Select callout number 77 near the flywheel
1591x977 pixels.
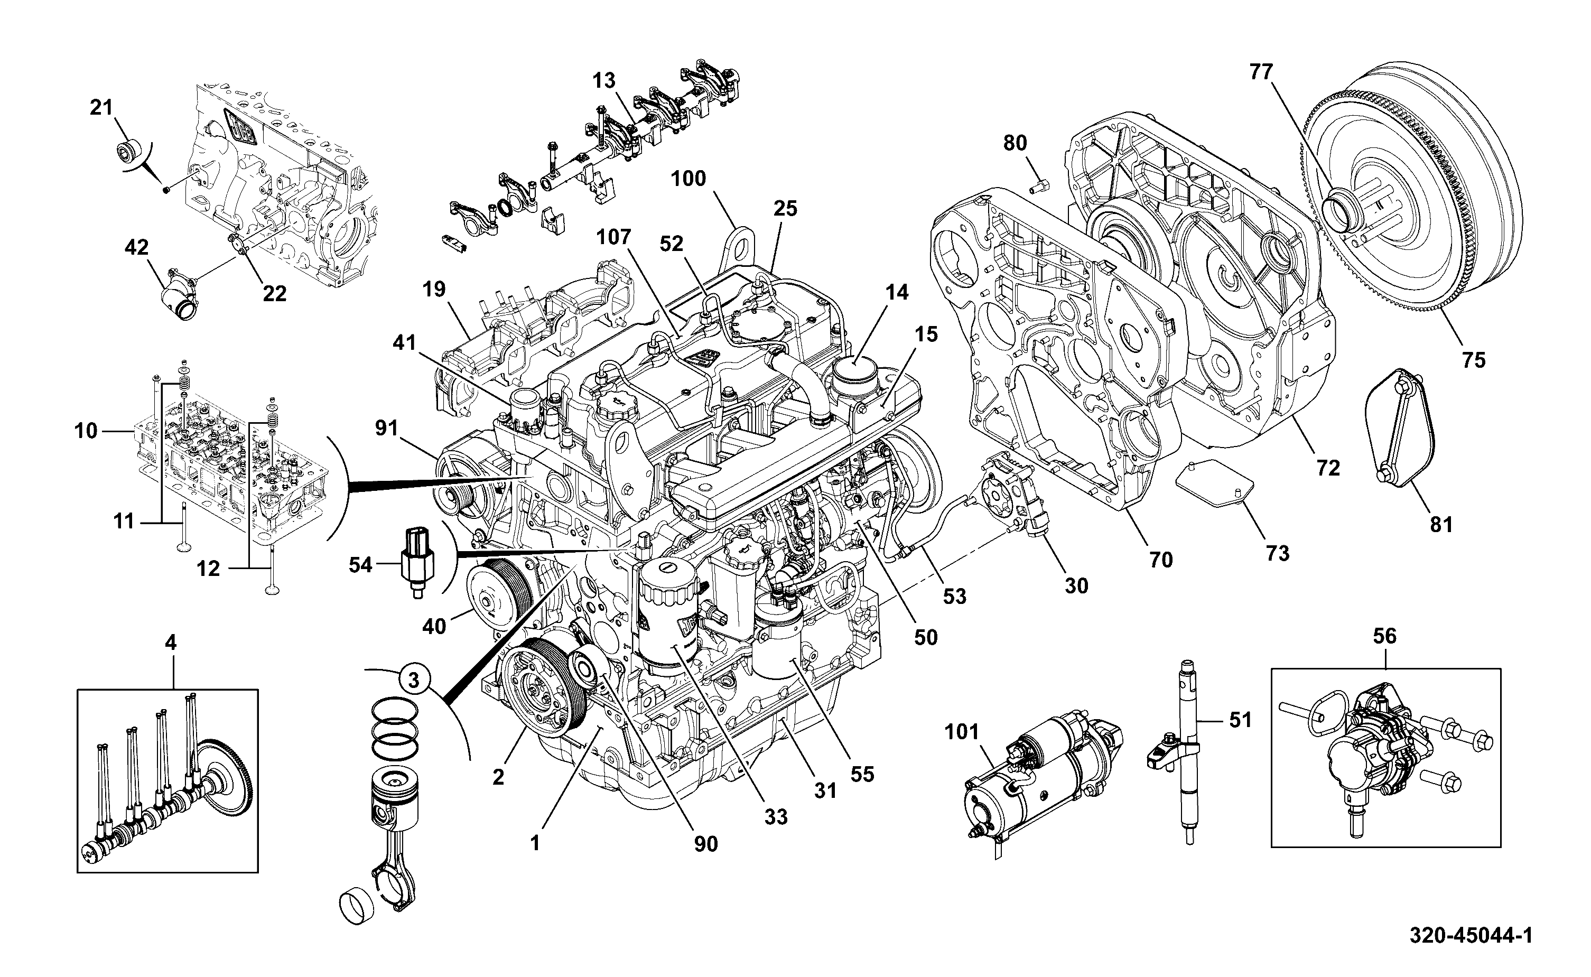click(1261, 72)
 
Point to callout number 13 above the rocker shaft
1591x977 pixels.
click(604, 81)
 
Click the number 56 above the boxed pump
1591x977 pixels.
click(1384, 637)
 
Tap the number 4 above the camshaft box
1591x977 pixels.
click(171, 643)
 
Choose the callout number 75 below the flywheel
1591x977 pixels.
click(1474, 360)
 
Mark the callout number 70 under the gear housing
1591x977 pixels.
click(1161, 559)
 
